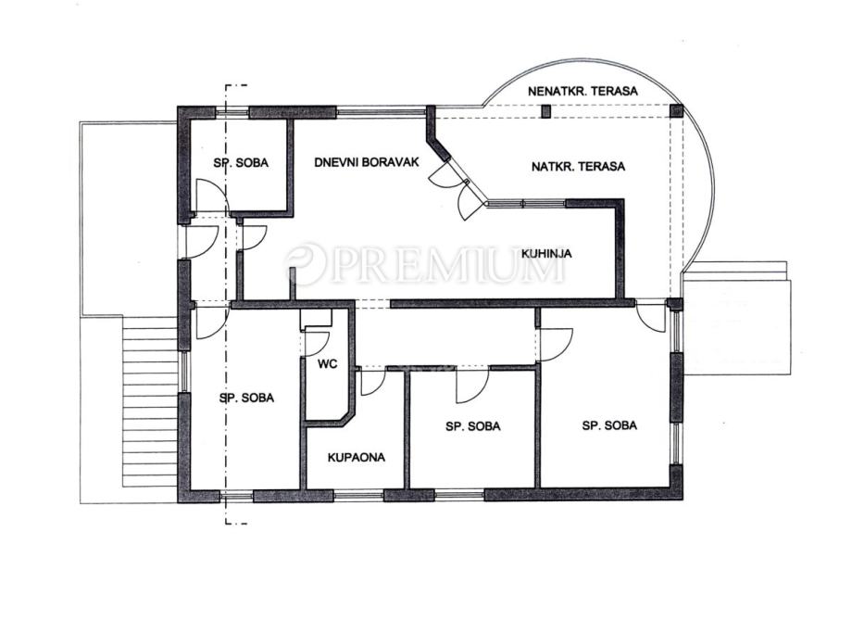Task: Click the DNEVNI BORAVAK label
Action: coord(367,162)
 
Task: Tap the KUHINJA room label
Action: coord(546,253)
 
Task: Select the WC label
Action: coord(328,364)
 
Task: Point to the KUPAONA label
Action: coord(357,458)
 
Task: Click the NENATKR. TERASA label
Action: coord(583,92)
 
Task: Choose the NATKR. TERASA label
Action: coord(578,167)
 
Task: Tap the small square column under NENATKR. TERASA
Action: coord(546,111)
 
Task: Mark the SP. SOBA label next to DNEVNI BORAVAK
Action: coord(241,162)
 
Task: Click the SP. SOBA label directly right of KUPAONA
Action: coord(472,426)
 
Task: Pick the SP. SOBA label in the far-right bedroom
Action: coord(609,425)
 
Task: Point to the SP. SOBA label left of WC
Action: coord(246,399)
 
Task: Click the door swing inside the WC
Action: coord(317,344)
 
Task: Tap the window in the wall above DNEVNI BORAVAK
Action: coord(381,113)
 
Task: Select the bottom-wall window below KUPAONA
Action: coord(358,496)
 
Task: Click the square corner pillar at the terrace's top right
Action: coord(676,111)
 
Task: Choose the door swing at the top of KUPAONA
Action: coord(373,382)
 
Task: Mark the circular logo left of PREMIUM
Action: coord(305,265)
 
